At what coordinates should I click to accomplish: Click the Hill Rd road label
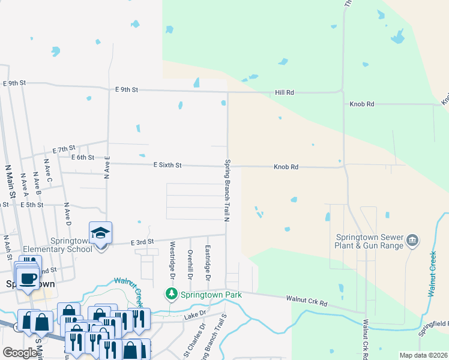285,92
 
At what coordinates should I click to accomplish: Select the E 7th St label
63,148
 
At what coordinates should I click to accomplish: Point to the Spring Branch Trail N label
228,189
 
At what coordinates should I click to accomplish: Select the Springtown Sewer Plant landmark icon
412,241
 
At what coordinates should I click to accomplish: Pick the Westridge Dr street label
172,260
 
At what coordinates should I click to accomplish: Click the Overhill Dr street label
190,265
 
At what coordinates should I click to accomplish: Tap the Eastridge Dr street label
208,263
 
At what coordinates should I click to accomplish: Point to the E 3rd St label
143,242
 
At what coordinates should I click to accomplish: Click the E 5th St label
32,205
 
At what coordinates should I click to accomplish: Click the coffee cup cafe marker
28,278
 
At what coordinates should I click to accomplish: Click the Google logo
20,353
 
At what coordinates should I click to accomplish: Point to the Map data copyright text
423,355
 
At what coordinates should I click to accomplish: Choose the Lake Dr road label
195,314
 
